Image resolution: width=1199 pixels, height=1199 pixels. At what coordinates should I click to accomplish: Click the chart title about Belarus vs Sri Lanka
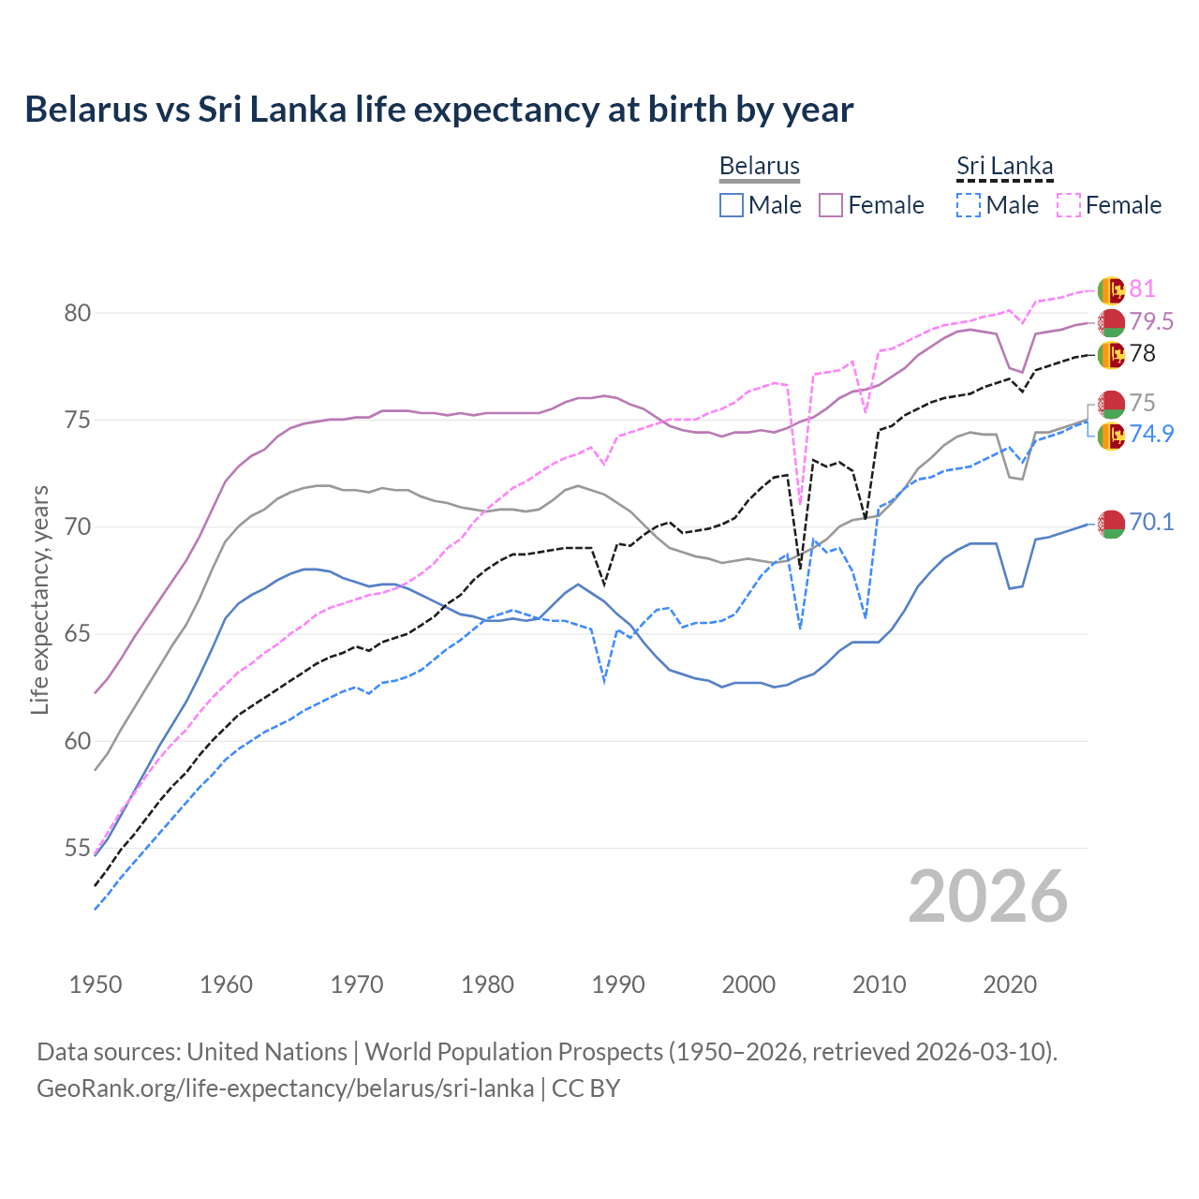coord(438,110)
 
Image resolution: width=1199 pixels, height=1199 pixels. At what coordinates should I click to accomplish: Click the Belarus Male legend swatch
coord(732,205)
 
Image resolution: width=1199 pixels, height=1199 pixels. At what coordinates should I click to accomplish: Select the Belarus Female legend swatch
coord(831,205)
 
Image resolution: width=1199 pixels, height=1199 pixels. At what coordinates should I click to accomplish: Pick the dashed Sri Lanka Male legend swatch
coord(969,205)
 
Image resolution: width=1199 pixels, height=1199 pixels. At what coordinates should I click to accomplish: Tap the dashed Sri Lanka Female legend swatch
coord(1069,205)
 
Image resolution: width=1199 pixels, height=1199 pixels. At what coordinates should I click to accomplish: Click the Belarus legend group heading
coord(760,166)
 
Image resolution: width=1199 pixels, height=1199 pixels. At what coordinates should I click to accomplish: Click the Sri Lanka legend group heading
coord(1004,166)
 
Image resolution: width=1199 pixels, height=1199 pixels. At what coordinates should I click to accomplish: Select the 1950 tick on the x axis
coord(96,984)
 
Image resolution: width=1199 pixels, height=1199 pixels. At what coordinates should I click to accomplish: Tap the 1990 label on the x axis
coord(618,984)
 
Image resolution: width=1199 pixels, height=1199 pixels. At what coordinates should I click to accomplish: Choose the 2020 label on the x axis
coord(1010,984)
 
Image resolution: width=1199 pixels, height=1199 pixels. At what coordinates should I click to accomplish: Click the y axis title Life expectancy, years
coord(39,599)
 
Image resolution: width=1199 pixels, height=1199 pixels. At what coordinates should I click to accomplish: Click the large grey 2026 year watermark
coord(988,896)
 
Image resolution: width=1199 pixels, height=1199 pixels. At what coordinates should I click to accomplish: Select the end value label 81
coord(1142,289)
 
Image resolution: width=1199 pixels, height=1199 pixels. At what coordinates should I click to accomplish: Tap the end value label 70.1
coord(1151,522)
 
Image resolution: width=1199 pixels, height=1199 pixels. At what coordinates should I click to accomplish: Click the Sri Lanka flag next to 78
coord(1111,354)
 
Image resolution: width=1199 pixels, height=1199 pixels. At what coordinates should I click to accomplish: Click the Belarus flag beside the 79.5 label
coord(1111,322)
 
